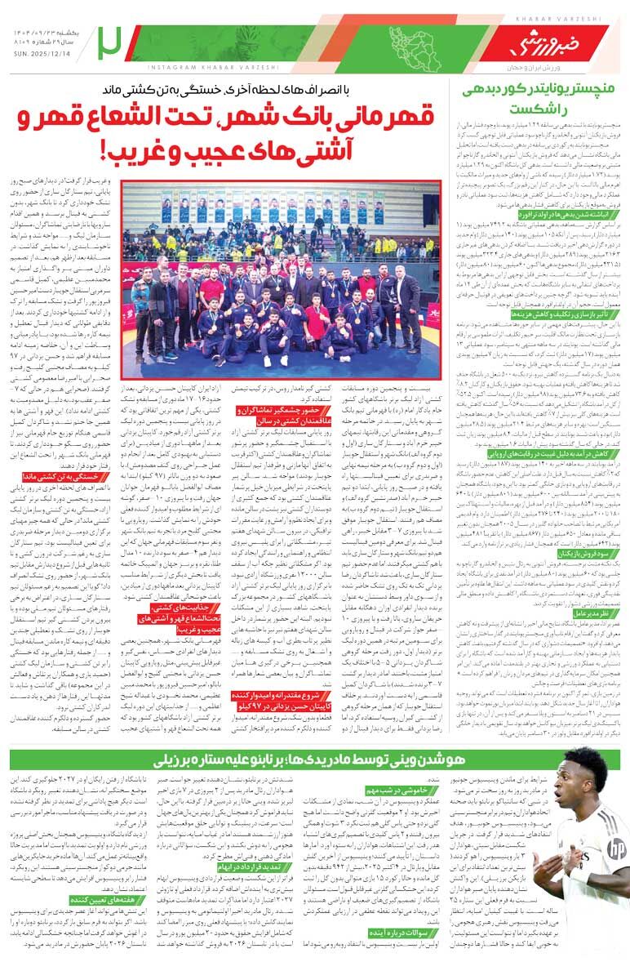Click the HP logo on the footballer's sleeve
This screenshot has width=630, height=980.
(x=614, y=850)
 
